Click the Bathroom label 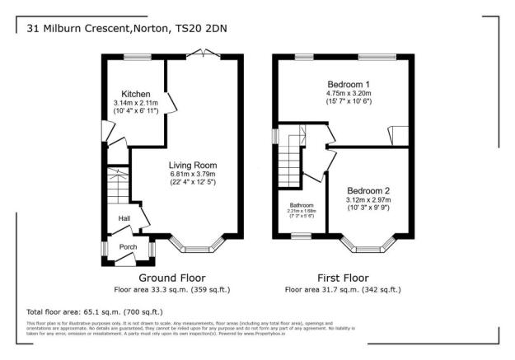301,205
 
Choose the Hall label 124,218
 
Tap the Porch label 128,246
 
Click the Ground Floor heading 171,278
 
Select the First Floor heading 342,278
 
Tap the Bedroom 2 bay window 368,245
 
